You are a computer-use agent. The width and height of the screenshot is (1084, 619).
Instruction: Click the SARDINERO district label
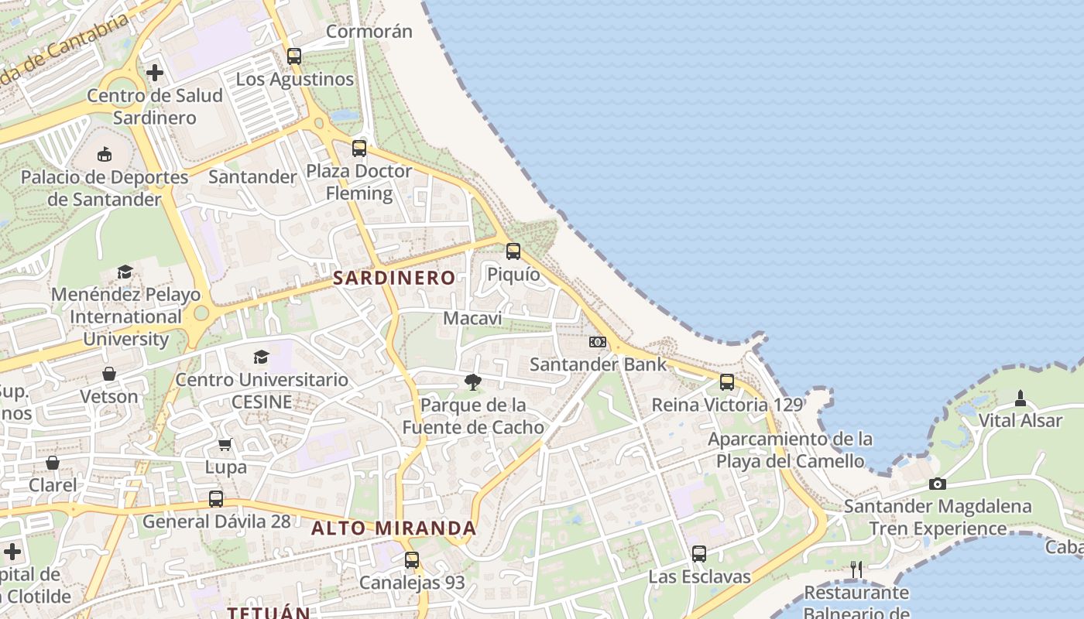point(394,278)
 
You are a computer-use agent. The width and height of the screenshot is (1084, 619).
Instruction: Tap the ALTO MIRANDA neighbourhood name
point(393,528)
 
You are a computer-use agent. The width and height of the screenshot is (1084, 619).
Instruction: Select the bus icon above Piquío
point(513,251)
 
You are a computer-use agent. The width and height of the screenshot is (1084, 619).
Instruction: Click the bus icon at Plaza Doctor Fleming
point(358,149)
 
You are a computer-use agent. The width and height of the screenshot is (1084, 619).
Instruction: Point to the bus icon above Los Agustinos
point(293,56)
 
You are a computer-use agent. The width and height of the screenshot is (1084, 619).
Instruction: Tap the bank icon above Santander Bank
point(597,341)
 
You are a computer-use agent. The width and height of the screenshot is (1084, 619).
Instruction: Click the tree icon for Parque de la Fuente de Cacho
point(472,381)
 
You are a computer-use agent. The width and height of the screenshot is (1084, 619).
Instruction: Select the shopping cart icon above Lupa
point(225,444)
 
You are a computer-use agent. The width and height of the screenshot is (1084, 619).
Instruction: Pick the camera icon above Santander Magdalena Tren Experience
point(937,484)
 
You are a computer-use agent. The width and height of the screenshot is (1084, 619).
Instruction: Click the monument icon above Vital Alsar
point(1020,398)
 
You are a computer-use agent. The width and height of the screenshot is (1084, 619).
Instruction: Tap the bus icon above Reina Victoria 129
point(726,381)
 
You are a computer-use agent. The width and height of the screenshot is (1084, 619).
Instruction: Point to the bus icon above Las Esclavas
point(698,553)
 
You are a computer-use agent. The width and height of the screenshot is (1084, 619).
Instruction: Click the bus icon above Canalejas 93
point(412,559)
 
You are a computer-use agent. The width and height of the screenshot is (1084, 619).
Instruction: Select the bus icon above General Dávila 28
point(216,498)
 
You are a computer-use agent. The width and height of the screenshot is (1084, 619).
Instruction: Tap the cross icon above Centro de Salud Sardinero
point(155,73)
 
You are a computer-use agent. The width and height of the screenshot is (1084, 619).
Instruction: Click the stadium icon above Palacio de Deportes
point(105,154)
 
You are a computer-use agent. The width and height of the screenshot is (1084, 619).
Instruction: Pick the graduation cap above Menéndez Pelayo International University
point(125,272)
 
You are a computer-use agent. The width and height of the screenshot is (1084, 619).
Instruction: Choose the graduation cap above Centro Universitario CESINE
point(261,357)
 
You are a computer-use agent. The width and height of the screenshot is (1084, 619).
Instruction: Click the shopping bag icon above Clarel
point(52,463)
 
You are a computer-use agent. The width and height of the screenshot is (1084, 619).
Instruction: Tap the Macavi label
point(472,318)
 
